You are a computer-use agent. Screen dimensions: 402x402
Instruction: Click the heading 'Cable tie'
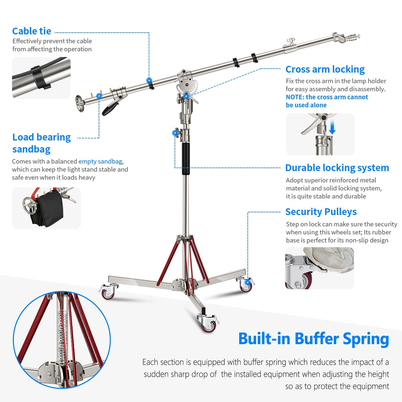coord(31,31)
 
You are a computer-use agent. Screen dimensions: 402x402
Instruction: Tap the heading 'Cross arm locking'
coord(325,69)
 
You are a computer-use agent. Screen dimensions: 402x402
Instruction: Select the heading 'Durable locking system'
coord(337,168)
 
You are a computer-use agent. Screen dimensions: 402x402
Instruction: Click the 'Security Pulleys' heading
coord(321,212)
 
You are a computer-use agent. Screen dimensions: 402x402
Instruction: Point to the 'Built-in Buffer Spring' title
coord(313,338)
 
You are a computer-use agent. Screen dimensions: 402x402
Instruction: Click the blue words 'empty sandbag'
coord(100,161)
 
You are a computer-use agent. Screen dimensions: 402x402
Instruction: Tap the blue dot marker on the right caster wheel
coord(247,282)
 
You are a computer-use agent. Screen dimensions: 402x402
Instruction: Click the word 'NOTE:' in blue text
coord(295,97)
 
